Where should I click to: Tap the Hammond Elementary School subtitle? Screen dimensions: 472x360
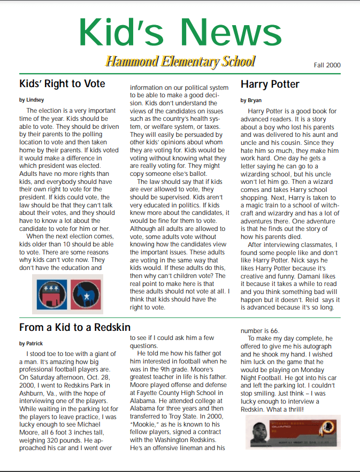coord(180,61)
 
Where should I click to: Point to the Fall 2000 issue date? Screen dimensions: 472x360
coord(327,65)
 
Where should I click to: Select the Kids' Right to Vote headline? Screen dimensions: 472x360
coord(62,84)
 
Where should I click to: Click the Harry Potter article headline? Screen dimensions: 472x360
coord(270,84)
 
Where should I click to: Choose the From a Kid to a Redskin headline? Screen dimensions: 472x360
coord(75,327)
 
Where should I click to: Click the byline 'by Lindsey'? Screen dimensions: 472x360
coord(32,99)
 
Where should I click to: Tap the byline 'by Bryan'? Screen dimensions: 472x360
coord(251,100)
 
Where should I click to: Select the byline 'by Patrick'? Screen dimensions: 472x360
coord(31,343)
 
